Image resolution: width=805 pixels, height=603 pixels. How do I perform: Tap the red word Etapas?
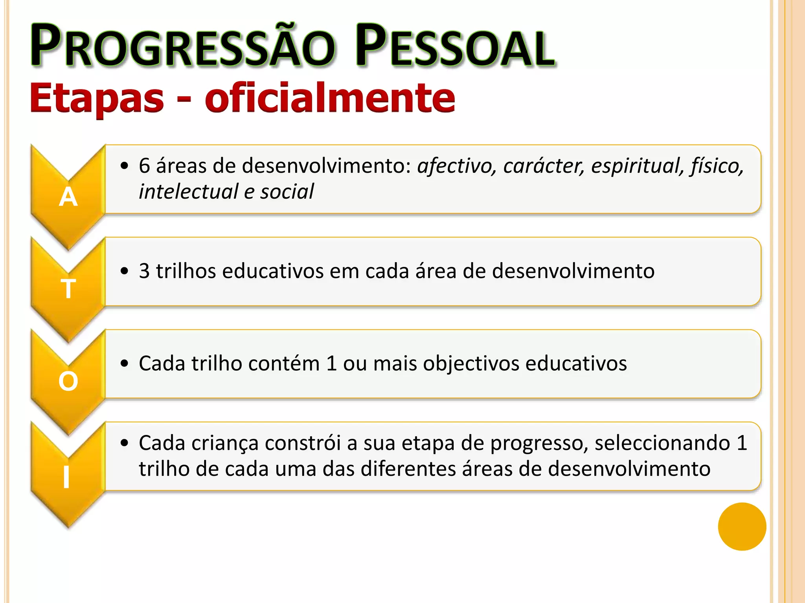[97, 98]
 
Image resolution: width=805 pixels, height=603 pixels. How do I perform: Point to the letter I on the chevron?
[66, 478]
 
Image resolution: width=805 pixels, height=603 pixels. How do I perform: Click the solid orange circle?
[742, 526]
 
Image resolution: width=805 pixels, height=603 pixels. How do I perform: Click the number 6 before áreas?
[144, 166]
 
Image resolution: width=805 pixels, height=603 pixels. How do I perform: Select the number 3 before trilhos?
[144, 271]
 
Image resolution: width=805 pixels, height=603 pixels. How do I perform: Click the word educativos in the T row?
[273, 271]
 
